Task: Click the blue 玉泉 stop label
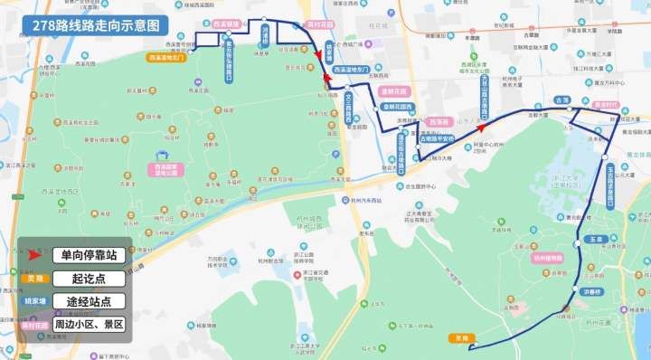pyautogui.click(x=594, y=239)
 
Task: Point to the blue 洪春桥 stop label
pyautogui.click(x=592, y=291)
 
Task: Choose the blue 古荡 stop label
pyautogui.click(x=562, y=99)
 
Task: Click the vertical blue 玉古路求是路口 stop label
pyautogui.click(x=610, y=182)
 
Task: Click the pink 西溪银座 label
pyautogui.click(x=226, y=24)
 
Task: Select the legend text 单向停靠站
pyautogui.click(x=88, y=255)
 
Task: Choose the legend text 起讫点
pyautogui.click(x=88, y=279)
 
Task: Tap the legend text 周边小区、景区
pyautogui.click(x=88, y=324)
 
